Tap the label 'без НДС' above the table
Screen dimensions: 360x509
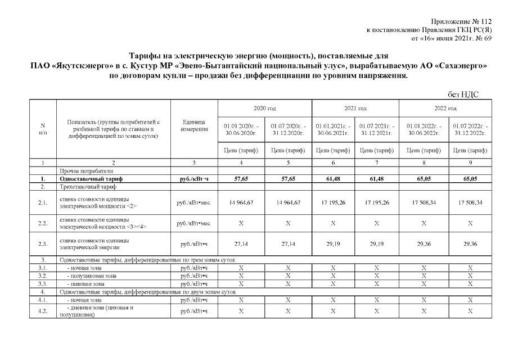click(x=463, y=94)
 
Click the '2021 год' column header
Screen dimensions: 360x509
click(x=355, y=107)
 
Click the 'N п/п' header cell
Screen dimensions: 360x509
click(x=43, y=129)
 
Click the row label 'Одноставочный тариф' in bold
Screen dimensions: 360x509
click(x=91, y=178)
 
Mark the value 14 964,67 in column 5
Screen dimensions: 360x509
click(x=288, y=202)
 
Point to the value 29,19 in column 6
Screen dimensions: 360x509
click(x=332, y=244)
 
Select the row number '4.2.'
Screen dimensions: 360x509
click(x=43, y=311)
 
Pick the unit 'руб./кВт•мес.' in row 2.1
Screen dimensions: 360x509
click(x=194, y=202)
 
